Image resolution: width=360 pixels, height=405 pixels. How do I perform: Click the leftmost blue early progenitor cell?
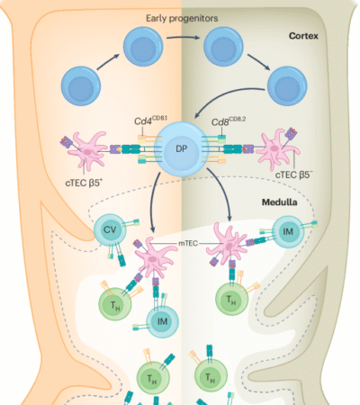[80, 90]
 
